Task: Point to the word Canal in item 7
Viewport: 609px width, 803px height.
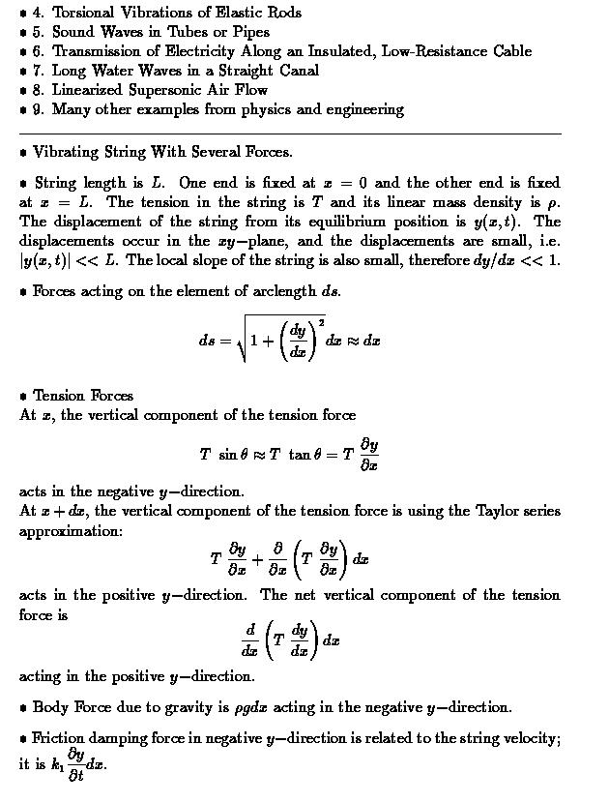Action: coord(298,71)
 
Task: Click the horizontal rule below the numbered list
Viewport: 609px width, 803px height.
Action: coord(290,133)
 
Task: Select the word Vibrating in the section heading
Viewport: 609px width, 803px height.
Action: coord(63,152)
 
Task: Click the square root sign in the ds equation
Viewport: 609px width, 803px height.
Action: coord(242,341)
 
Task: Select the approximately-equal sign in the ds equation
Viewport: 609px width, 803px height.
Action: coord(352,341)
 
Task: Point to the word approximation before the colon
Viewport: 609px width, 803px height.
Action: coord(68,531)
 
